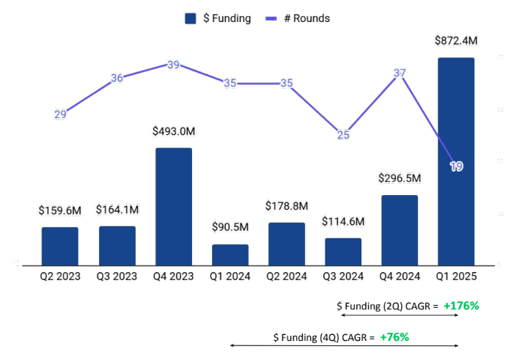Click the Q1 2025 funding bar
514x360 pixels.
[x=455, y=161]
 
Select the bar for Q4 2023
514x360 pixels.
[x=174, y=206]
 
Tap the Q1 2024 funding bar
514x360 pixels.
[x=230, y=254]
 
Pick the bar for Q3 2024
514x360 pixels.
[x=343, y=251]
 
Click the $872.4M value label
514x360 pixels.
[x=455, y=41]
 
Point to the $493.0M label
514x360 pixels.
[x=174, y=131]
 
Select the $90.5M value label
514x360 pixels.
[x=230, y=228]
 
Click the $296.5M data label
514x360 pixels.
[x=400, y=178]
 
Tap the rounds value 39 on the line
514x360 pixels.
[x=174, y=65]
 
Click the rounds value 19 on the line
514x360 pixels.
[x=456, y=166]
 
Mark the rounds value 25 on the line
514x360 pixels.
[x=343, y=135]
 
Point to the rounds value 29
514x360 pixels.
[x=60, y=114]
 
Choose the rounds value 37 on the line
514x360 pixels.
[x=400, y=73]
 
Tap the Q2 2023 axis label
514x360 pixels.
[x=60, y=276]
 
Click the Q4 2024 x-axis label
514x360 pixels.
[x=400, y=276]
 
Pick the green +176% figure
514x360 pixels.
[x=461, y=305]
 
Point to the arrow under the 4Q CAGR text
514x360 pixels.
[x=345, y=345]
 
